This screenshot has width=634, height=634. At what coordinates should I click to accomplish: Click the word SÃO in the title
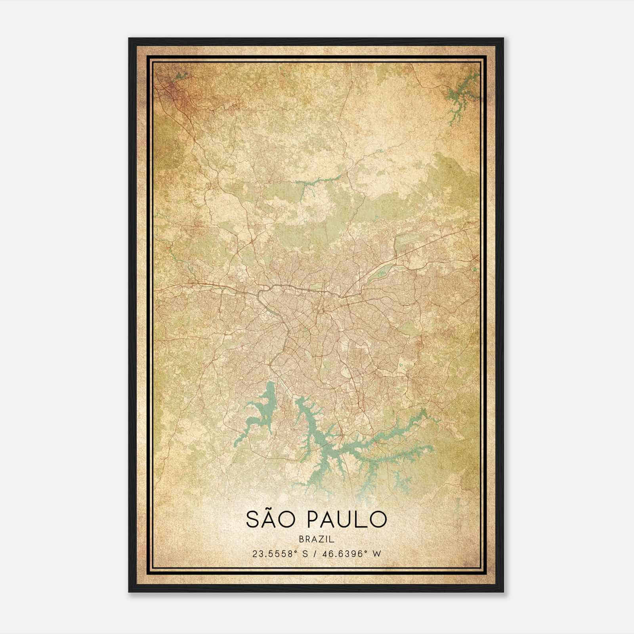(x=271, y=519)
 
